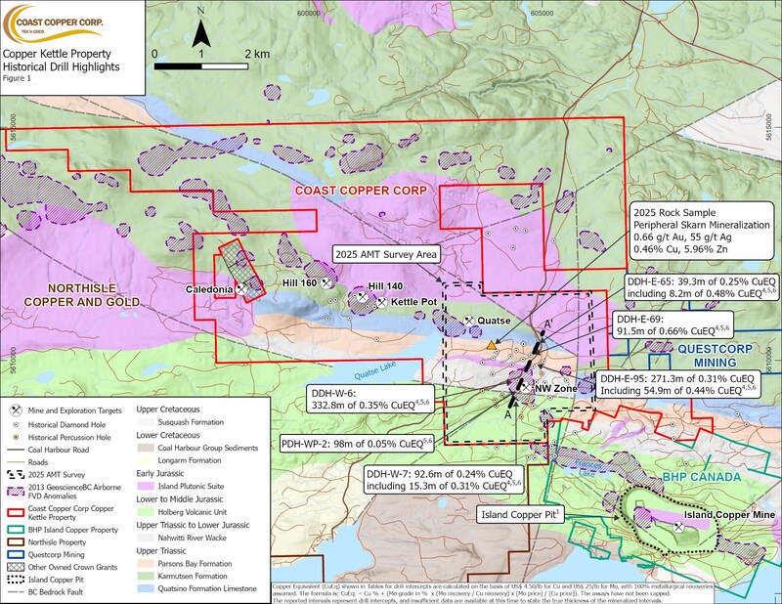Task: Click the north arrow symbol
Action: [x=200, y=33]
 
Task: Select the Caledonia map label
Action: [x=209, y=290]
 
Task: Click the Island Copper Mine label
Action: [x=729, y=513]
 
